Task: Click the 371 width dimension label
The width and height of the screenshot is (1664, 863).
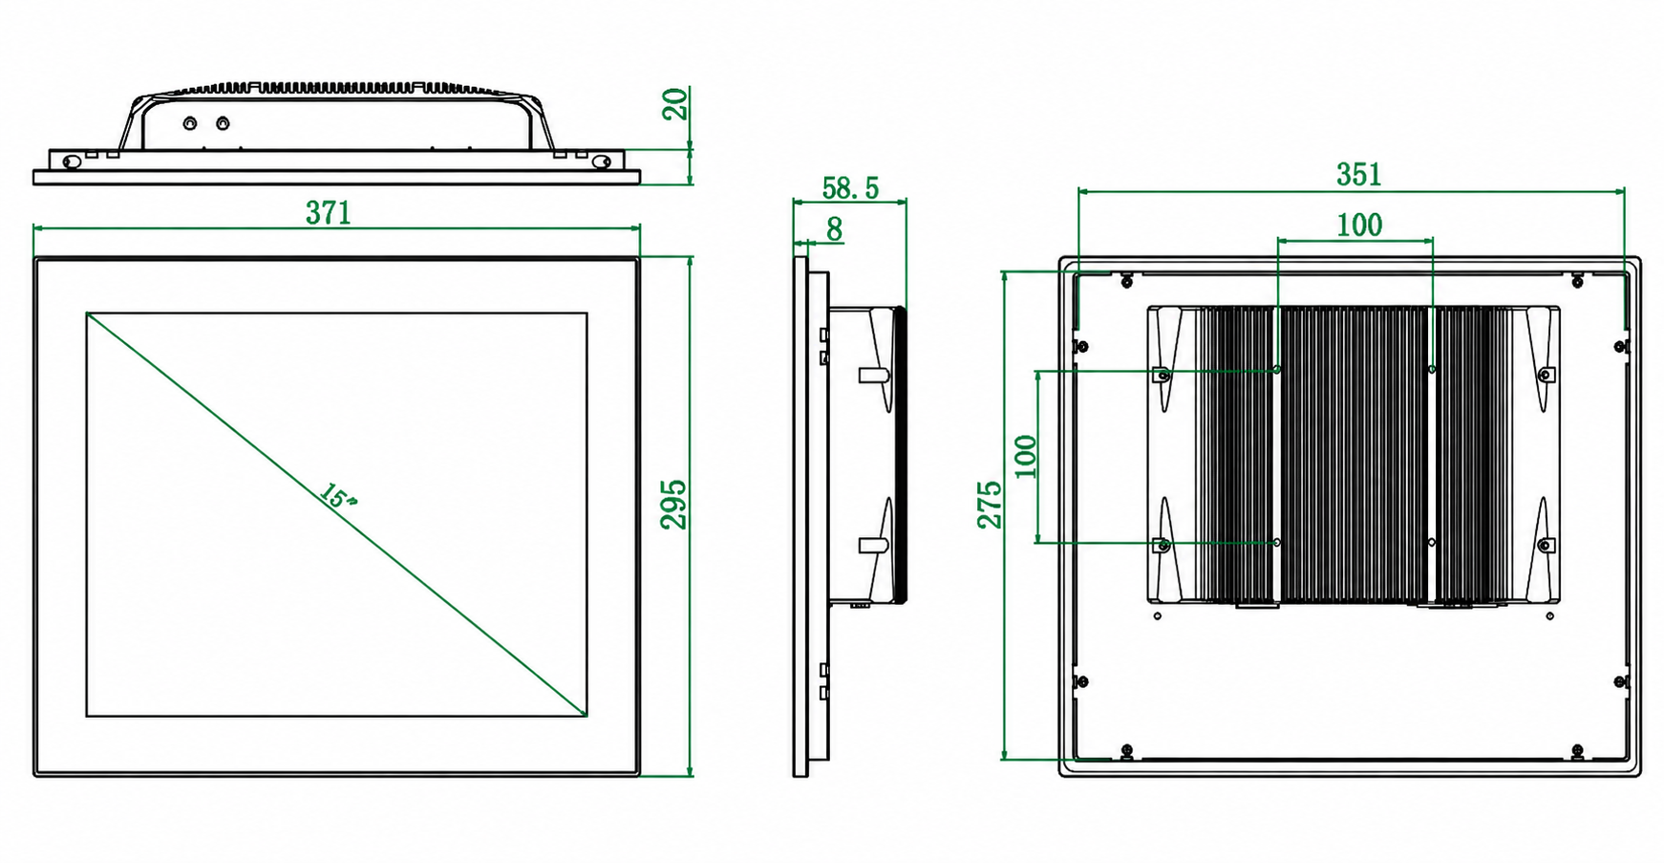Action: pyautogui.click(x=329, y=212)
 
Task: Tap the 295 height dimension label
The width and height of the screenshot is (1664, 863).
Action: pyautogui.click(x=673, y=504)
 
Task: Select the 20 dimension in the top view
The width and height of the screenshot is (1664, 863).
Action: pyautogui.click(x=674, y=103)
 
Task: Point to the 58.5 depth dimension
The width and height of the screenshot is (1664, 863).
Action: pyautogui.click(x=850, y=188)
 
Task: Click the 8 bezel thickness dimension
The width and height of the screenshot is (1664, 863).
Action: pyautogui.click(x=835, y=229)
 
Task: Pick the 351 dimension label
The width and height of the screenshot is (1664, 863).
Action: pyautogui.click(x=1358, y=174)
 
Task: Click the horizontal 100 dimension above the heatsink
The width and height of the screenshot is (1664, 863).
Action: pyautogui.click(x=1358, y=225)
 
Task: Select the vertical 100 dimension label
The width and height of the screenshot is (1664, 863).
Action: pyautogui.click(x=1025, y=456)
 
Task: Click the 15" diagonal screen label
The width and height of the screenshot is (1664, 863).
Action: pyautogui.click(x=337, y=497)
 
